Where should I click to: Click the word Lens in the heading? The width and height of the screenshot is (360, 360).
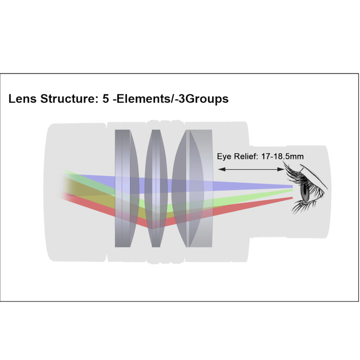pyautogui.click(x=23, y=99)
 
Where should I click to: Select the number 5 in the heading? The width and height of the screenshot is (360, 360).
pyautogui.click(x=106, y=99)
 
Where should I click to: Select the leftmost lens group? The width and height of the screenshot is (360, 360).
pyautogui.click(x=127, y=188)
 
